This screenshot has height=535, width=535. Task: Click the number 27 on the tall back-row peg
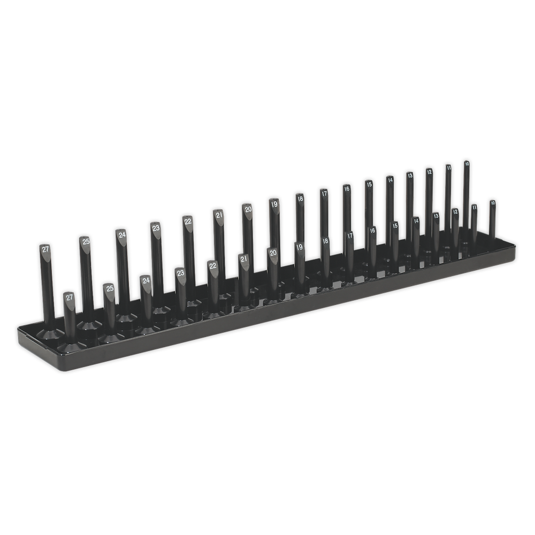click(45, 249)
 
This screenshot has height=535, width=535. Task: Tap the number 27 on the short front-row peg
click(69, 296)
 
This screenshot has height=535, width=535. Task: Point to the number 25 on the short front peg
click(109, 288)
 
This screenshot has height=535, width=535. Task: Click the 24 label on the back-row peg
click(122, 234)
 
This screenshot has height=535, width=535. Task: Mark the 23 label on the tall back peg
click(156, 228)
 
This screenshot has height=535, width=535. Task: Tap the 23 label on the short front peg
click(181, 273)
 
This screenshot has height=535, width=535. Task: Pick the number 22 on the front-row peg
click(213, 265)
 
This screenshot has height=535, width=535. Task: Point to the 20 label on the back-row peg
click(247, 209)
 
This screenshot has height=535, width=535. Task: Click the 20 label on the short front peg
click(273, 253)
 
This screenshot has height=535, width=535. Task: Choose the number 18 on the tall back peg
click(300, 198)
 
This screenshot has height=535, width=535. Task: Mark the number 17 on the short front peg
click(349, 235)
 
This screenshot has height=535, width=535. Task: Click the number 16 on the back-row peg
click(347, 188)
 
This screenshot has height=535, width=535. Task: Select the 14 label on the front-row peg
click(416, 220)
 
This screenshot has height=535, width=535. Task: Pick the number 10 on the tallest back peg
click(467, 164)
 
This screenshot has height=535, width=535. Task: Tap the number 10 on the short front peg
click(492, 203)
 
